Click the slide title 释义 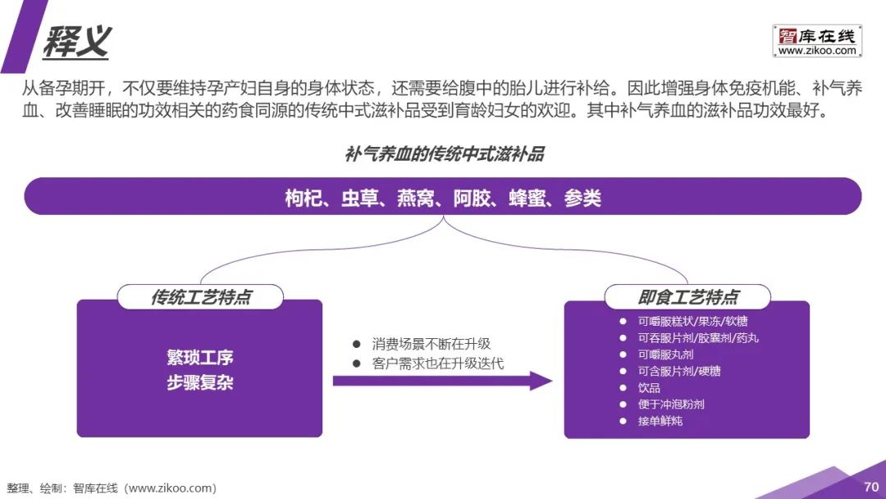click(76, 39)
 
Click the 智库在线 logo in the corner click(816, 36)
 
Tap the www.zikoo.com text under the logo click(816, 51)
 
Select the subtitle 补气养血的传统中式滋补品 click(444, 154)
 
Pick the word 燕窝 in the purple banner click(416, 198)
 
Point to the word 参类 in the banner click(582, 198)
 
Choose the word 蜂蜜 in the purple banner click(527, 198)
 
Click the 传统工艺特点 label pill click(200, 297)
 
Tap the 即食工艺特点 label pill click(687, 297)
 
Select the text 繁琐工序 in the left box click(200, 358)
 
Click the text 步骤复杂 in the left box click(200, 382)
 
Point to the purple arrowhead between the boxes click(541, 381)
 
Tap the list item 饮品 click(649, 387)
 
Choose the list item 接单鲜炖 click(660, 421)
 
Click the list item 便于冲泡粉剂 click(670, 404)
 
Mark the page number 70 click(870, 487)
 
